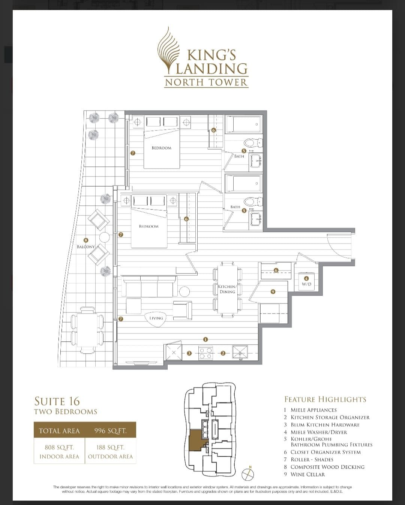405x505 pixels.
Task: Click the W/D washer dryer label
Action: click(306, 284)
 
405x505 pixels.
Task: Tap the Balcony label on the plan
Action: click(86, 247)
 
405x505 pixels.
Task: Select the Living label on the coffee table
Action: click(156, 318)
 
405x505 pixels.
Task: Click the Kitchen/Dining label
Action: click(227, 289)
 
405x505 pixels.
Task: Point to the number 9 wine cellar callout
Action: click(273, 292)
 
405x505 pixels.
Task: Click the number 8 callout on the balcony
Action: click(86, 240)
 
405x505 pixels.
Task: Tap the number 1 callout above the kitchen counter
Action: click(205, 339)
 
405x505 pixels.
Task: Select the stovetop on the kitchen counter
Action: click(205, 353)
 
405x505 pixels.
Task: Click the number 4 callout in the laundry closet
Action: click(306, 279)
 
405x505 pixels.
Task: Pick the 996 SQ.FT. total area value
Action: click(110, 431)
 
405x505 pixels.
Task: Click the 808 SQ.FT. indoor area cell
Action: click(59, 452)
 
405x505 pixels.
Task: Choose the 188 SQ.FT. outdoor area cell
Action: click(110, 452)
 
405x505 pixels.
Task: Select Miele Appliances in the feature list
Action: click(310, 410)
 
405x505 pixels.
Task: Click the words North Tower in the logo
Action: click(206, 82)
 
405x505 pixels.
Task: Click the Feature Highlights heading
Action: click(325, 399)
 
